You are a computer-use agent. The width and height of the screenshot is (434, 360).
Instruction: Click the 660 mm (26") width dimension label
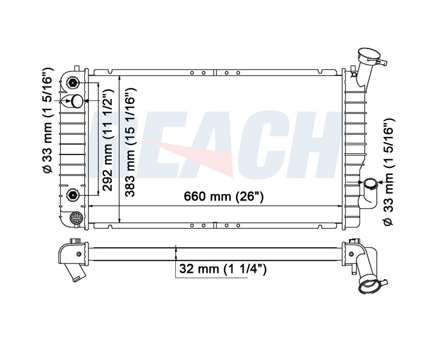pos(224,197)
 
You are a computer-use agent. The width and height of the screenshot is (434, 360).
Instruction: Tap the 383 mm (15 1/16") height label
pos(130,142)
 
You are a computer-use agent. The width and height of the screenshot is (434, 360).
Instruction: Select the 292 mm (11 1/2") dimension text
pos(108,140)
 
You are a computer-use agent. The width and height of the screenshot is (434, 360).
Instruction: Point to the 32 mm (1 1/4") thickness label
pos(223,269)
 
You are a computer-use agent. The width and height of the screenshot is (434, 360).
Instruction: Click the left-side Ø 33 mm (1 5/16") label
pos(47,120)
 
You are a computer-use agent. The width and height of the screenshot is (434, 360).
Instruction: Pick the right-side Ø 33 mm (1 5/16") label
pos(389,172)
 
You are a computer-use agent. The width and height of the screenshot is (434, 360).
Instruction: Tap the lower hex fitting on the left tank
pos(73,195)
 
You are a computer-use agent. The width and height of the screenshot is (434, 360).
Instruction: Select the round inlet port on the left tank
pos(77,101)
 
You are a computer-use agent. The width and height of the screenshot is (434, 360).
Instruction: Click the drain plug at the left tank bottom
pos(76,217)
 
